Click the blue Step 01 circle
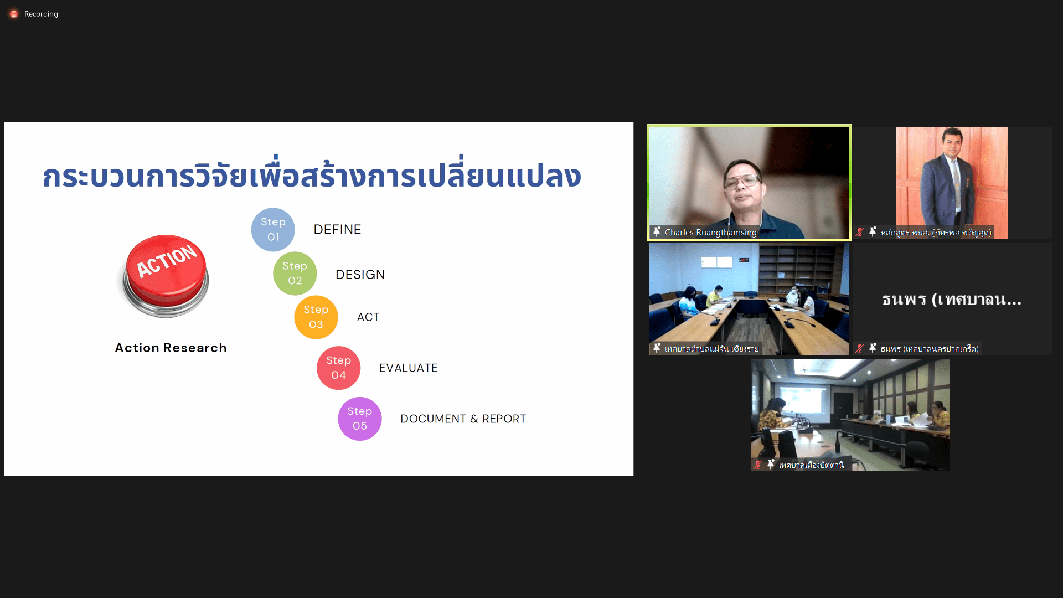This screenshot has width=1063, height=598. point(273,229)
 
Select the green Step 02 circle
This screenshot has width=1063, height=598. point(295,274)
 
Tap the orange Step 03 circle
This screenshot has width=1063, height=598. point(316,317)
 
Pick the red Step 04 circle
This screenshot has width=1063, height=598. point(338,368)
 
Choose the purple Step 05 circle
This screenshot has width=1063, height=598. point(360,419)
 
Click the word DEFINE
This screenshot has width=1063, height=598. point(337,230)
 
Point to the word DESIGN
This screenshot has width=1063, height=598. point(360,275)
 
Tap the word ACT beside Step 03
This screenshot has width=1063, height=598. point(368,317)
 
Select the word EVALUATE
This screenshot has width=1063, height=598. point(409,368)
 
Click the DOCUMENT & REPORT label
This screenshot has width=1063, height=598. point(463,419)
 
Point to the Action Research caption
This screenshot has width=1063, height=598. point(171,348)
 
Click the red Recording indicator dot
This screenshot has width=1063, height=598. point(14,14)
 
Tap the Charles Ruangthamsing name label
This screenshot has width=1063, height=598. point(710,233)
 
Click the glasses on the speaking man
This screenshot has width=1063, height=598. point(742,181)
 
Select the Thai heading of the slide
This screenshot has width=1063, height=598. point(312,176)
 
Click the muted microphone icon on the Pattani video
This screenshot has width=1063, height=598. point(757,465)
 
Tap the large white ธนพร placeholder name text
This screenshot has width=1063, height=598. point(952,300)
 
